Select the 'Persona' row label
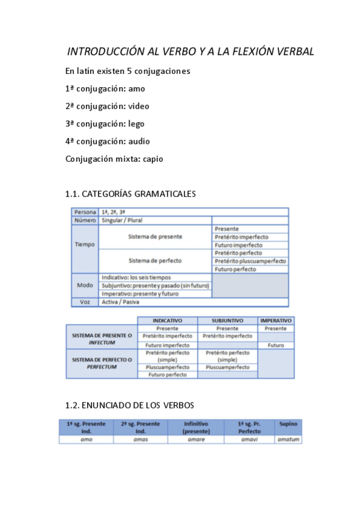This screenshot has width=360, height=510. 85,212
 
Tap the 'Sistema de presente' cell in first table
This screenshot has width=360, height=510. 155,237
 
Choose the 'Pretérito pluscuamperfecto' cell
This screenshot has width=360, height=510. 249,261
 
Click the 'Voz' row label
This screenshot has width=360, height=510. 85,302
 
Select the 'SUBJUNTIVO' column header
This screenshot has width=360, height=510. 227,321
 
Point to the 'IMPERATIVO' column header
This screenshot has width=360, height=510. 276,321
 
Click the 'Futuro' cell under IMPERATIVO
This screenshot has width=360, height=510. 276,345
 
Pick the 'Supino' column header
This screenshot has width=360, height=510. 288,424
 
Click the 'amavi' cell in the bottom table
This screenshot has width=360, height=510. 249,440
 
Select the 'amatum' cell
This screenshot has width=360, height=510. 288,440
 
